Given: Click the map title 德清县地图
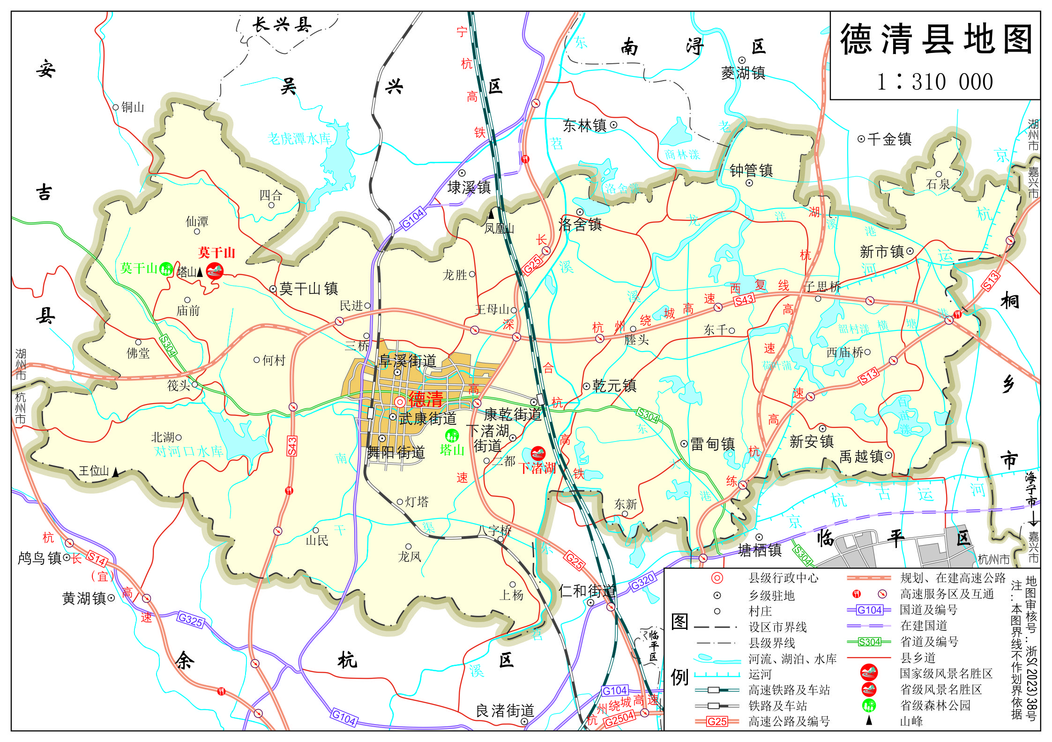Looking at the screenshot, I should point(936,39).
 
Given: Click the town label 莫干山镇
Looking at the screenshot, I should point(308,288).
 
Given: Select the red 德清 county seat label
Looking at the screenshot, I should point(425,400).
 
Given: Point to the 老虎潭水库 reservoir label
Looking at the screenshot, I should point(299,138).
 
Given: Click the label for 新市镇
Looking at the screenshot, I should point(881,252).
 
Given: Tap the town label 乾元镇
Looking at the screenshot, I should point(614,386).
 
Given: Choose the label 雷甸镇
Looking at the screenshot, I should point(712,444).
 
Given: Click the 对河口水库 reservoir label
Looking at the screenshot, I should point(188,451).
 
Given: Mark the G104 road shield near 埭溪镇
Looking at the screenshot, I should point(413,218).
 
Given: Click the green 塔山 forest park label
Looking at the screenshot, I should point(452,450).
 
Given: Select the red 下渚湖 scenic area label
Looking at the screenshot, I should point(537,468).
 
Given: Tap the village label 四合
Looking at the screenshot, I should point(271,195).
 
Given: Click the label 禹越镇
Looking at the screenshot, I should point(861,456).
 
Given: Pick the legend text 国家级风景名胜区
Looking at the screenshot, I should point(946,674).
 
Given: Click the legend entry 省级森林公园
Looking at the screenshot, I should point(935,705).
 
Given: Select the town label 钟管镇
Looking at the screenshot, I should point(751,170).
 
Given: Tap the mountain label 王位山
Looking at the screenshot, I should point(94,471).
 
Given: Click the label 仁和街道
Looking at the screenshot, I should point(587,591).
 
